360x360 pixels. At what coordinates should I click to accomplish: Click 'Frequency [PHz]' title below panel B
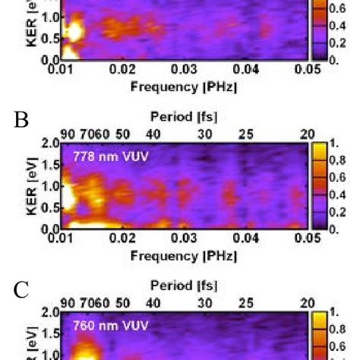click(184, 255)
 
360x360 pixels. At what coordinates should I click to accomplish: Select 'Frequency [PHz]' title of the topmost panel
click(184, 87)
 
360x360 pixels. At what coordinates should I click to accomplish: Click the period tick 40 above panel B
click(153, 134)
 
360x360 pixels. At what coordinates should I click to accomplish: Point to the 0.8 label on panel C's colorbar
click(333, 329)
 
